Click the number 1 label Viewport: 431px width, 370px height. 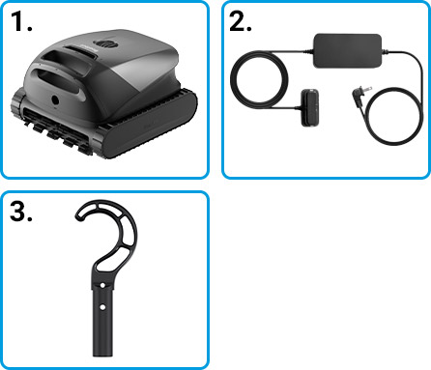[x=21, y=21]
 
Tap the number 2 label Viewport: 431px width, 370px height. [x=241, y=22]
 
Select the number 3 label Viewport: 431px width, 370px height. [x=21, y=212]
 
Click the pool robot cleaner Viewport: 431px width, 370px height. [x=103, y=94]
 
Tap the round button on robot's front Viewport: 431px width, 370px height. [x=55, y=100]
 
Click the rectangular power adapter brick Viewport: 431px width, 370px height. [x=348, y=51]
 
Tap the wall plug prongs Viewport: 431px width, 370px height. [x=367, y=90]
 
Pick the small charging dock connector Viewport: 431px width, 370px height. [x=310, y=108]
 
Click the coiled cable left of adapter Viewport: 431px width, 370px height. [x=259, y=79]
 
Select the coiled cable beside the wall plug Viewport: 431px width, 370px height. [x=393, y=115]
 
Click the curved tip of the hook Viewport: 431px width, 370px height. [x=79, y=215]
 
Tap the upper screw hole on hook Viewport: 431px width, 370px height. [x=102, y=285]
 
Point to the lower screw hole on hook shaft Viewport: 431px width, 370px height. [x=102, y=307]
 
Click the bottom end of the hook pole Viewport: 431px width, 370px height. [x=102, y=355]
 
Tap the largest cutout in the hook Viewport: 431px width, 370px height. [x=108, y=259]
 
